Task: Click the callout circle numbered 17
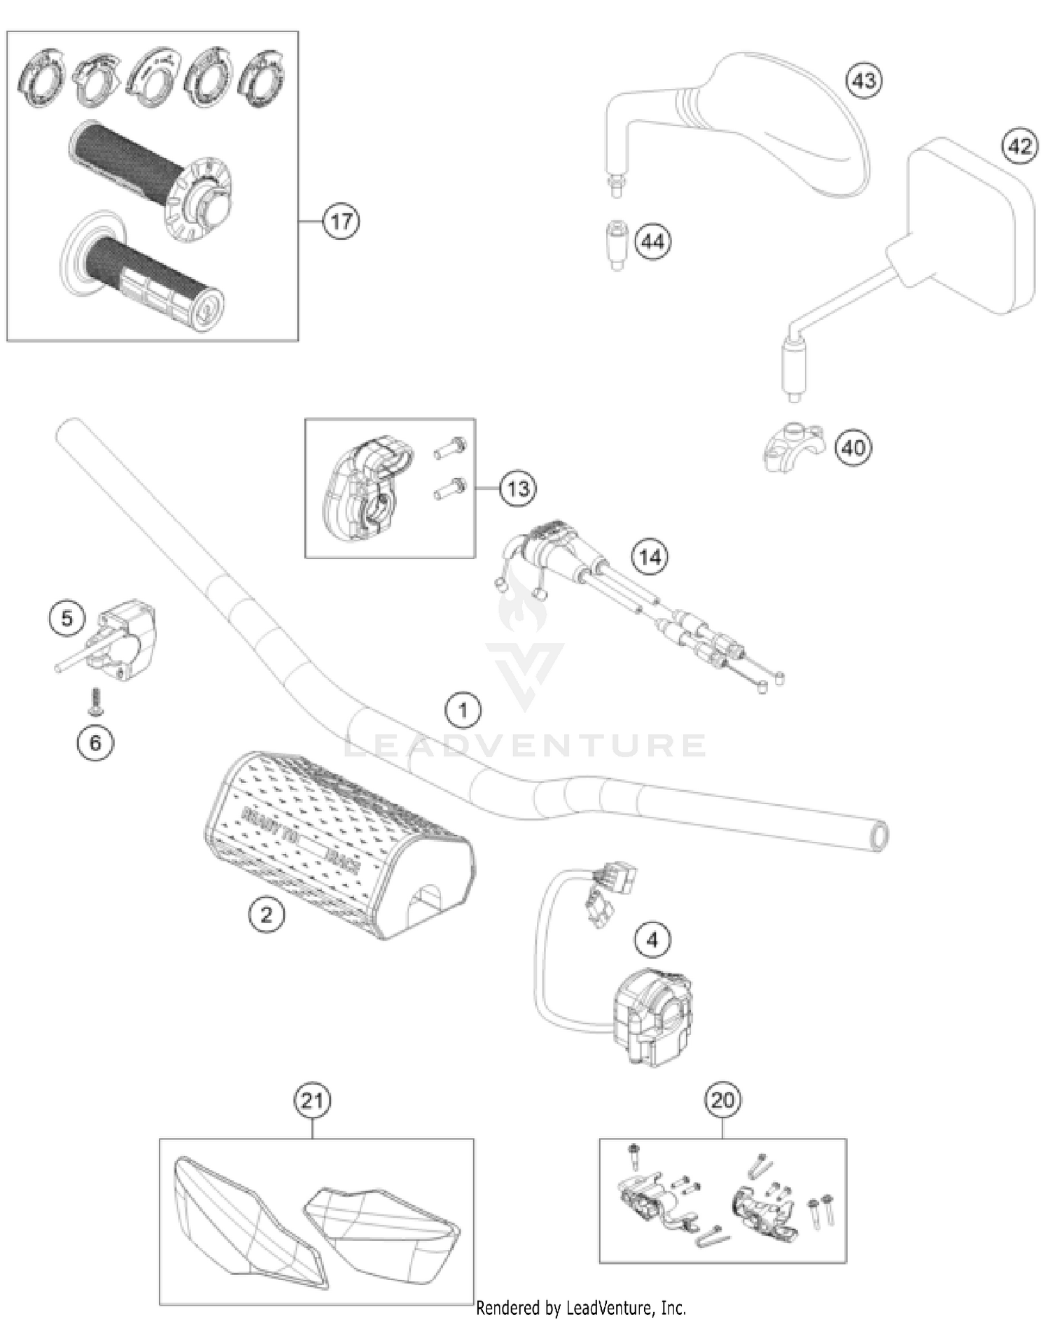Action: [341, 221]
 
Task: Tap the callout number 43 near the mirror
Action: [864, 80]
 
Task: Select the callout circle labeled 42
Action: [1020, 146]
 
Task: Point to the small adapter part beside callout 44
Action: [616, 244]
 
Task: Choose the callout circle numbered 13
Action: [518, 488]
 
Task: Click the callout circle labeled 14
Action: [650, 557]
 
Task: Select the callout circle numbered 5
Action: [67, 618]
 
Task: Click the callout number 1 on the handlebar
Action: [463, 711]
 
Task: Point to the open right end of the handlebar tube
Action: [878, 836]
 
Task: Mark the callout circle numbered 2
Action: [267, 914]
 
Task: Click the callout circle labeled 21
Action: [311, 1101]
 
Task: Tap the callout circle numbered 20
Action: [722, 1101]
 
